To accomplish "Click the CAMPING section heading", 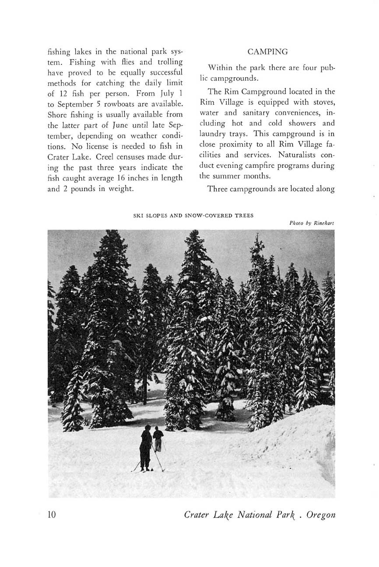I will pyautogui.click(x=267, y=52).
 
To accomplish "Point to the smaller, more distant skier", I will pyautogui.click(x=158, y=439).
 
